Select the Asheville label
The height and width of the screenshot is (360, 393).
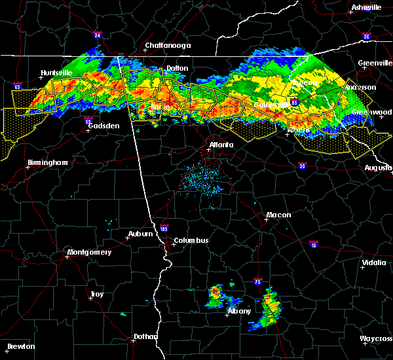pyautogui.click(x=366, y=7)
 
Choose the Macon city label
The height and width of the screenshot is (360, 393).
pyautogui.click(x=278, y=215)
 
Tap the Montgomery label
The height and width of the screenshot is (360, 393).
pyautogui.click(x=90, y=252)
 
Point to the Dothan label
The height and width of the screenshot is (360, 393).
pyautogui.click(x=145, y=336)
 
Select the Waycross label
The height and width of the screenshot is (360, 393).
pyautogui.click(x=376, y=338)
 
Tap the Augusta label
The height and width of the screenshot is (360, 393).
pyautogui.click(x=378, y=168)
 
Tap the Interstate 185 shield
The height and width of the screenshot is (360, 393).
pyautogui.click(x=164, y=228)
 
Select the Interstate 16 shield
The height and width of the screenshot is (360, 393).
pyautogui.click(x=313, y=244)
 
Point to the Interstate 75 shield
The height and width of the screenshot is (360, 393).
pyautogui.click(x=259, y=283)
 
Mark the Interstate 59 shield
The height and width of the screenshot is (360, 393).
pyautogui.click(x=88, y=120)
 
